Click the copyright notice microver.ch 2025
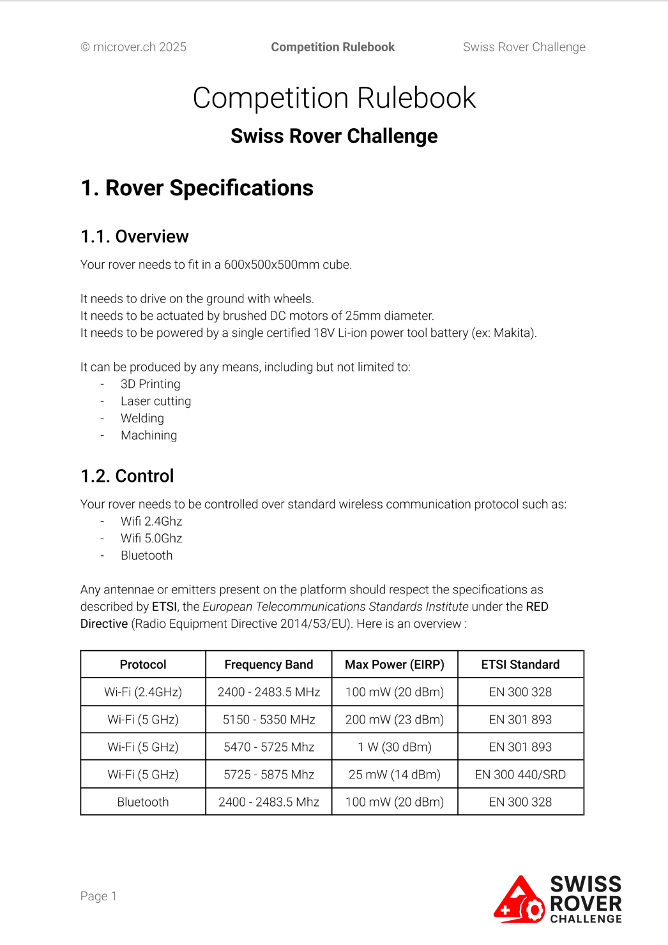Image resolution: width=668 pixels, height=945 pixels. tap(133, 47)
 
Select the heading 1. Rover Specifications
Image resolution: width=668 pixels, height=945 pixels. tap(197, 188)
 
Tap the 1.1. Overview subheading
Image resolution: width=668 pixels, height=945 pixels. tap(134, 237)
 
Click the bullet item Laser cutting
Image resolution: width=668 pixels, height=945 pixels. tap(155, 401)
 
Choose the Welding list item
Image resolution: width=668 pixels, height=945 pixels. tap(142, 419)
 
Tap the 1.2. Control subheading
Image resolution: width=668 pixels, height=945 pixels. tap(127, 477)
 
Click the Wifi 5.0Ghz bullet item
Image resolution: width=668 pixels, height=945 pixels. tap(151, 539)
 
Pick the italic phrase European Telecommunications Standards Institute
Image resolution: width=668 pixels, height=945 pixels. tap(335, 607)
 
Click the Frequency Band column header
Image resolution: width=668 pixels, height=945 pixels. tap(268, 665)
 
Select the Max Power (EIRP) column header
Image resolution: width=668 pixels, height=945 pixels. tap(394, 665)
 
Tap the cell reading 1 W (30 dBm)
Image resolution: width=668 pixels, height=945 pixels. tap(394, 747)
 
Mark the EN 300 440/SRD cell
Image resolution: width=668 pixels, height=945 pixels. tap(520, 775)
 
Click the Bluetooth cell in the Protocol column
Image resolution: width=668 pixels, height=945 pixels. tap(143, 802)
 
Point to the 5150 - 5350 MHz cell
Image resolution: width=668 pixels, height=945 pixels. tap(268, 720)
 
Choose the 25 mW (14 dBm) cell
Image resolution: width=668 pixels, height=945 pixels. tap(394, 775)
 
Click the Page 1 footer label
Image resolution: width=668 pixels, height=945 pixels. tap(98, 897)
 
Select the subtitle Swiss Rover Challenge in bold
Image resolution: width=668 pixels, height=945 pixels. tap(334, 137)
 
